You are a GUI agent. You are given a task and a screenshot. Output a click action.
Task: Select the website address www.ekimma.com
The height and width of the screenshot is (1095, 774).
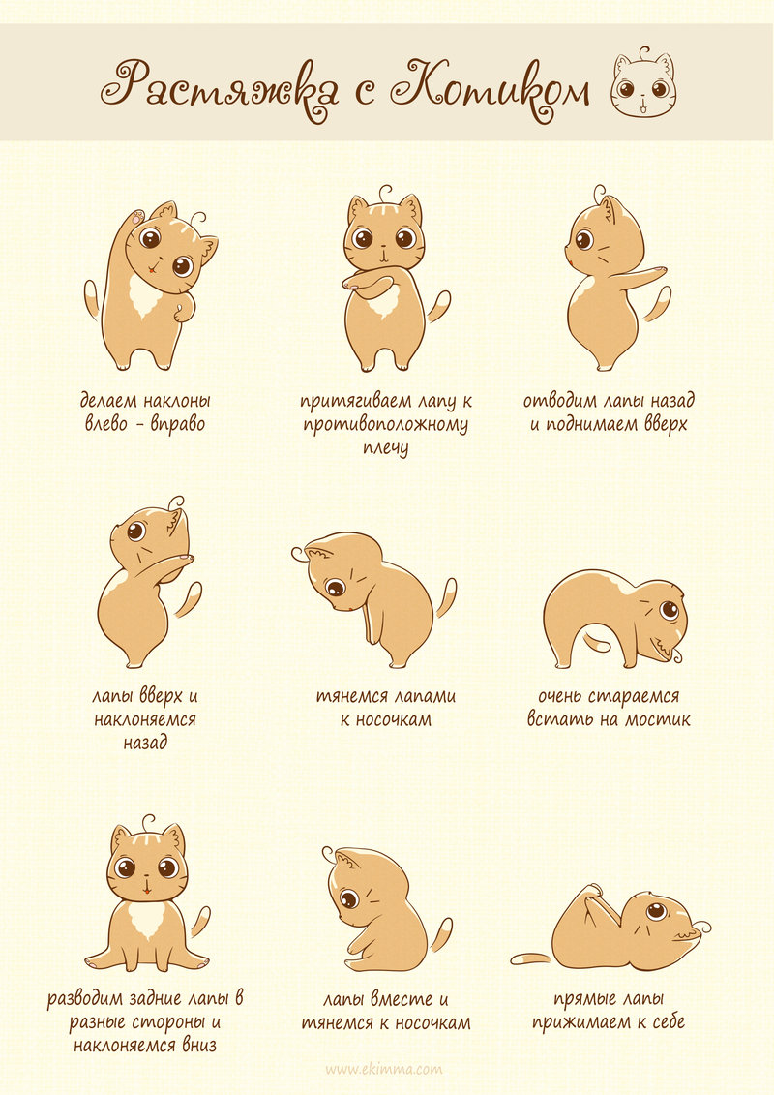384,1069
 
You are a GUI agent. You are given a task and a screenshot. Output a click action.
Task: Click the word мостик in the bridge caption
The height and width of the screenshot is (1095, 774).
657,719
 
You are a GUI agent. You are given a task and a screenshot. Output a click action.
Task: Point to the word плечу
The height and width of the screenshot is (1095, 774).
385,448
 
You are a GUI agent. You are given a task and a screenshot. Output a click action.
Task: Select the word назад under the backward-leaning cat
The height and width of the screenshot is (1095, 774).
145,743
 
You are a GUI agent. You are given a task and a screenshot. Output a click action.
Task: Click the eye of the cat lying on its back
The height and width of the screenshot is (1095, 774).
655,911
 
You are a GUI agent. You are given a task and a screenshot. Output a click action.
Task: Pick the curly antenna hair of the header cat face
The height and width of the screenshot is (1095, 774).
643,53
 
